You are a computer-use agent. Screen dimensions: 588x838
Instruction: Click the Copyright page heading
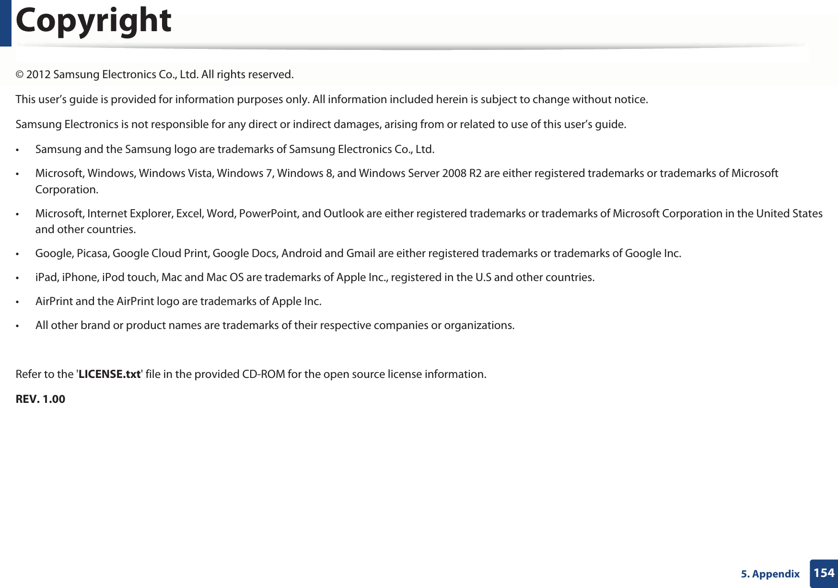pos(93,22)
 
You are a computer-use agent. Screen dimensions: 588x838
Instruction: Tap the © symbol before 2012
pos(20,75)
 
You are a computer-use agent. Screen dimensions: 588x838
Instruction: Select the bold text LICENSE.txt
pos(109,374)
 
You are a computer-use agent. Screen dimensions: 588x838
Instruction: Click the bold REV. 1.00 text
pos(40,399)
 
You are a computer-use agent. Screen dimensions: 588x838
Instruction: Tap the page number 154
pos(824,573)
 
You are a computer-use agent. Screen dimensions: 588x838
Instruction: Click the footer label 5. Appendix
pos(770,574)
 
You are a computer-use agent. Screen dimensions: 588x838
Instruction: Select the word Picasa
pos(93,253)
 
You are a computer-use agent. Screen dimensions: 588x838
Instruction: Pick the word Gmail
pos(361,253)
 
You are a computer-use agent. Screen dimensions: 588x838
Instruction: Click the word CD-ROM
pos(263,374)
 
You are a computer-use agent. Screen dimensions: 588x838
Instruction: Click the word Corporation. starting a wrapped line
pos(67,189)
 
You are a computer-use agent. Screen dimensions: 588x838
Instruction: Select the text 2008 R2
pos(462,173)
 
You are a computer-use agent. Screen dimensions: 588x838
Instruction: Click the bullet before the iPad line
pos(18,278)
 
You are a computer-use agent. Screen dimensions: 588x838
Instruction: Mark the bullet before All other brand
pos(18,326)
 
